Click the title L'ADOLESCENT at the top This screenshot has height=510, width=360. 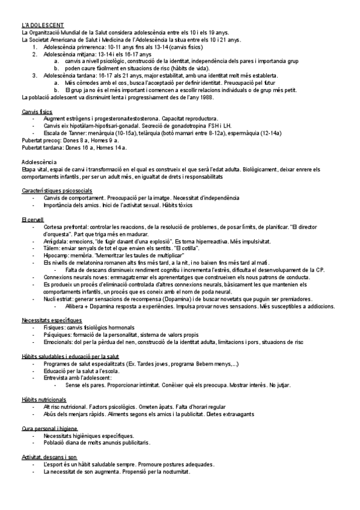[x=39, y=25]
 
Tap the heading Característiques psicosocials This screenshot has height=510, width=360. [x=56, y=191]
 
